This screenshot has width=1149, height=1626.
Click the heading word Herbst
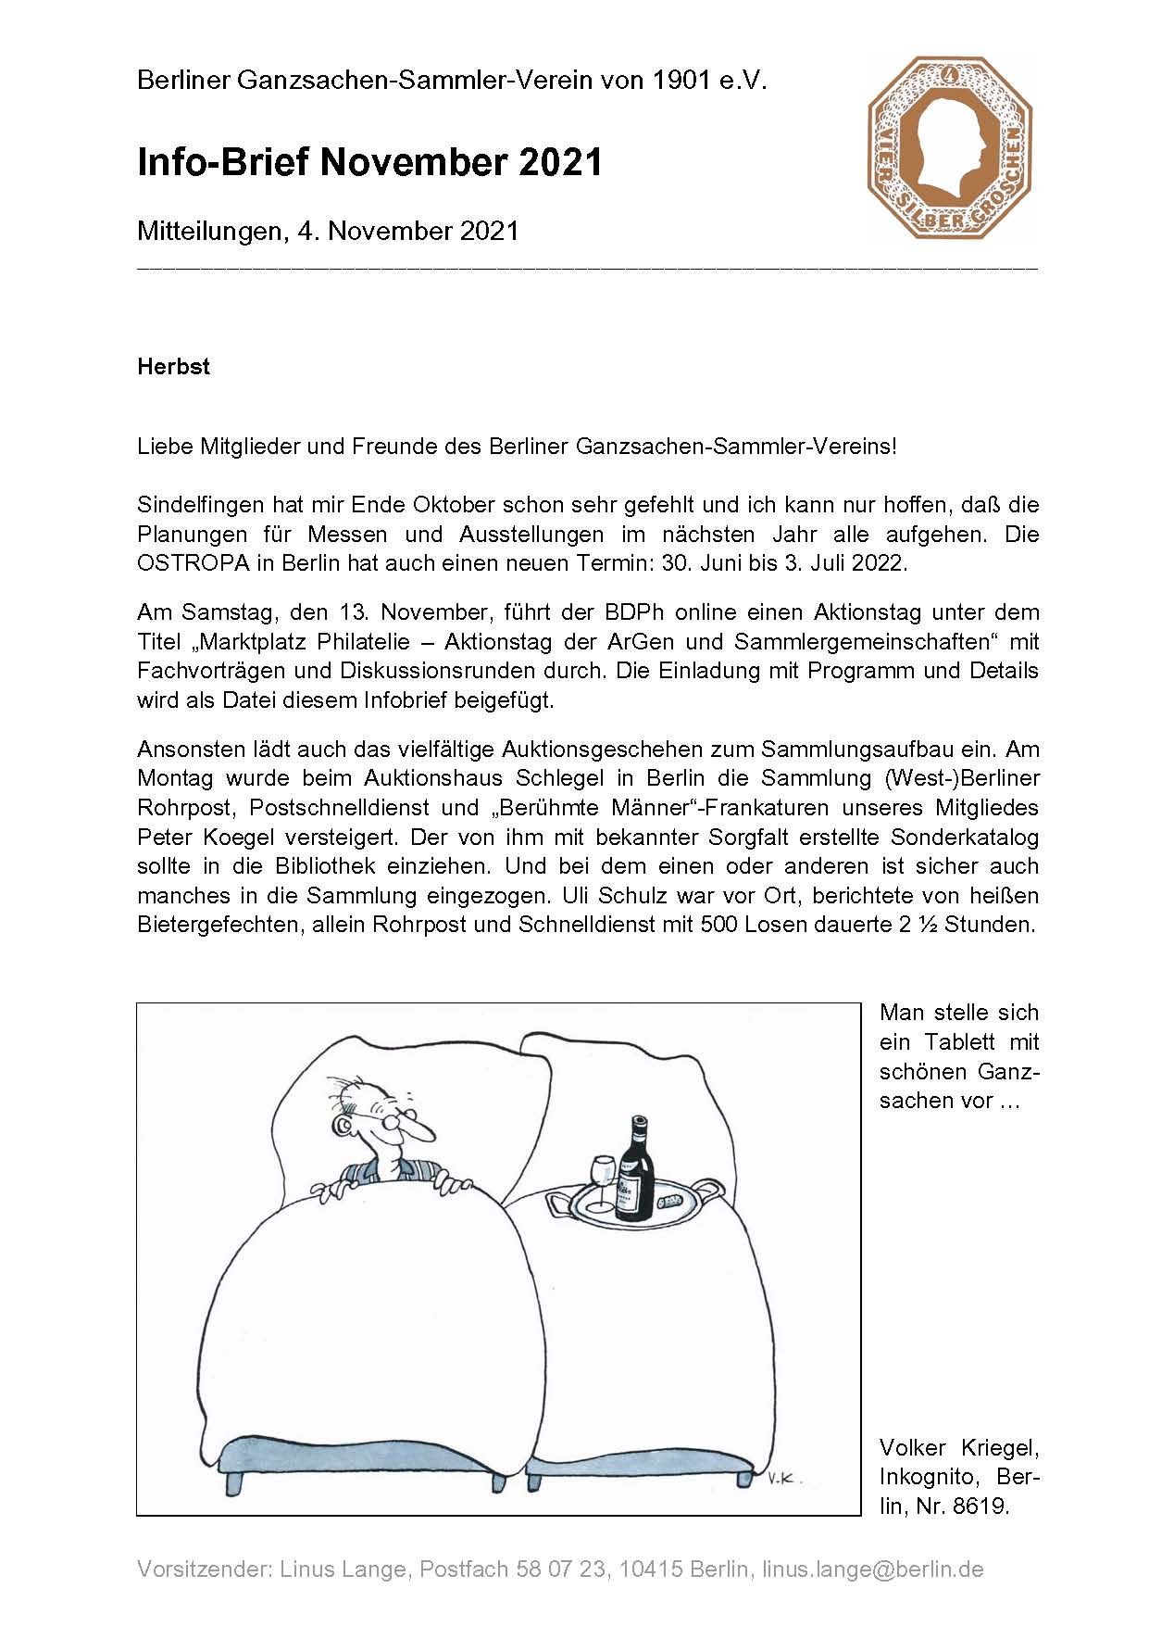(x=173, y=367)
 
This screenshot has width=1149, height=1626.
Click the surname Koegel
(x=233, y=837)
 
